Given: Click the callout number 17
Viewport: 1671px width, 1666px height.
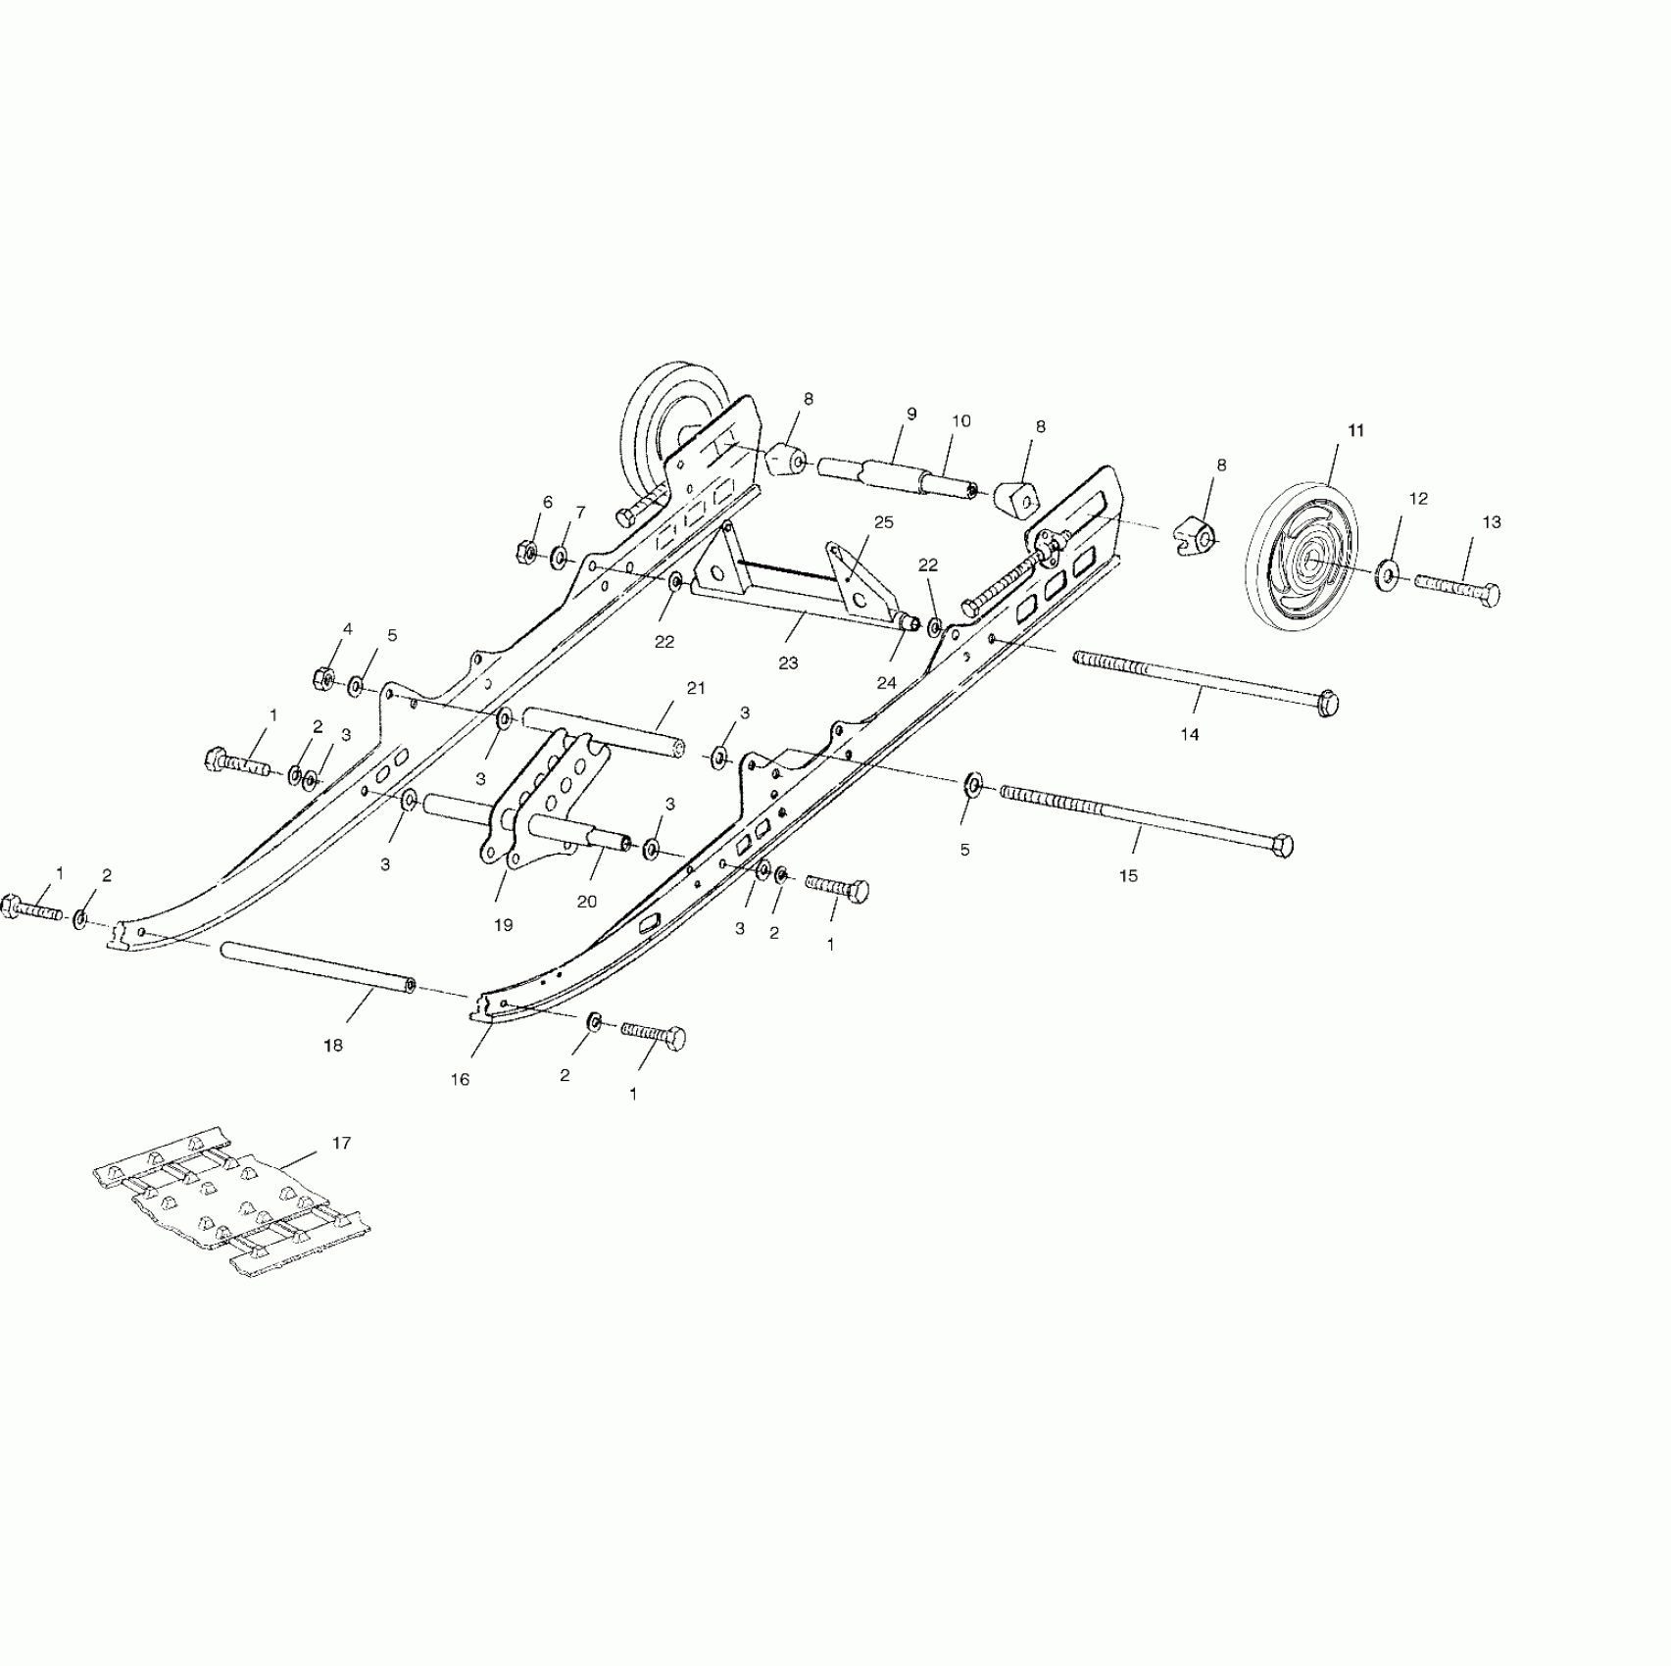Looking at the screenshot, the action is pyautogui.click(x=340, y=1143).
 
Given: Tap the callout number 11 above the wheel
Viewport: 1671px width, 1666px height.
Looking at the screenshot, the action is pyautogui.click(x=1356, y=430).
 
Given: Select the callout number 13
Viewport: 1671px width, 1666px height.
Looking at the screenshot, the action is pyautogui.click(x=1490, y=522).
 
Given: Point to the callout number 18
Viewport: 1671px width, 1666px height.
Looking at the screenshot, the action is pyautogui.click(x=333, y=1046).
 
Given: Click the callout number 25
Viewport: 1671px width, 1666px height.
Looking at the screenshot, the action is pyautogui.click(x=883, y=522).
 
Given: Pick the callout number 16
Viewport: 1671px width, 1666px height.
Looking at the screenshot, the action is pyautogui.click(x=460, y=1079).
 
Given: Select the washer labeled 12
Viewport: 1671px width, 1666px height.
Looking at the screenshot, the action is pyautogui.click(x=1389, y=572).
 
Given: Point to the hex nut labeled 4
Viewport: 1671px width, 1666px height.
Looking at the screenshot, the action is pyautogui.click(x=323, y=677).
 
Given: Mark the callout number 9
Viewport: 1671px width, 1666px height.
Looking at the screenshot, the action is pyautogui.click(x=910, y=415).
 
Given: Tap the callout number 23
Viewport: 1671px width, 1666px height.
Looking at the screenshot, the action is pyautogui.click(x=788, y=662).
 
